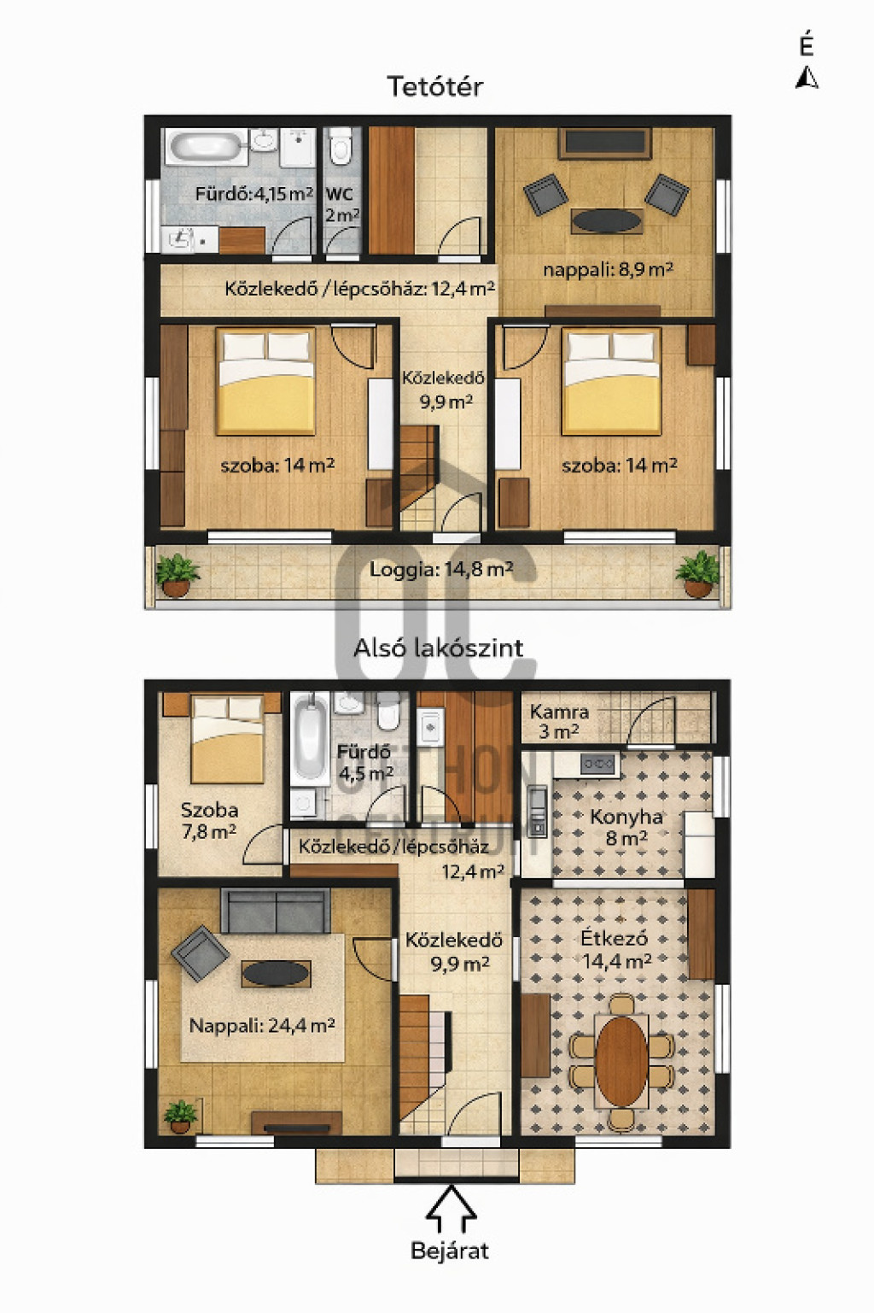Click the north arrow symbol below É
[807, 78]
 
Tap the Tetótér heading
[435, 87]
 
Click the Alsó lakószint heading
[438, 648]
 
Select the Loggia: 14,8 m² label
[441, 569]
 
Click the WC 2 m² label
[342, 204]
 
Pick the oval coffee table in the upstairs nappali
[606, 221]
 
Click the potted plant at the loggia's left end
[177, 576]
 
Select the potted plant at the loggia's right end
[697, 575]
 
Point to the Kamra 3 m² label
[558, 722]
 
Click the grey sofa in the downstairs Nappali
[276, 911]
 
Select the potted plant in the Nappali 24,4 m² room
[180, 1117]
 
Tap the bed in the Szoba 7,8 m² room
[227, 739]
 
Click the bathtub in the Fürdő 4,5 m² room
[311, 739]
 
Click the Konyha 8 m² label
[626, 827]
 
